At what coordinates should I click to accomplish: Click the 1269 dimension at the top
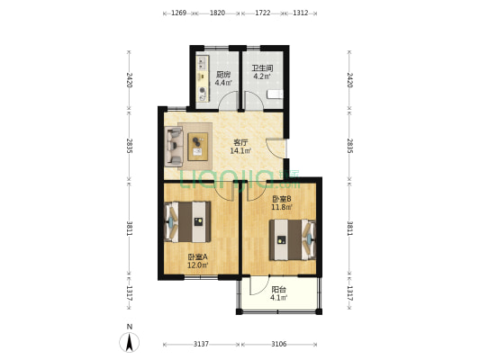[179, 13]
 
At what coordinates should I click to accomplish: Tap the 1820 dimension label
[217, 13]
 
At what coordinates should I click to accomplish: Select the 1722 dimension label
[263, 13]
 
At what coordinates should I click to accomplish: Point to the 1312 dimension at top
[300, 13]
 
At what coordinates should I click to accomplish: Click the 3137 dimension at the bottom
[201, 345]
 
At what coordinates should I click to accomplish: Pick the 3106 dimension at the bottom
[279, 345]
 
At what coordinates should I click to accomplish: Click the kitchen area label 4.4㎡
[223, 82]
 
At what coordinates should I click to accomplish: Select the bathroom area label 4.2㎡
[262, 76]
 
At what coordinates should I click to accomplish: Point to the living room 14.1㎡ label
[240, 150]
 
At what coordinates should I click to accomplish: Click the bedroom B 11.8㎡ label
[282, 207]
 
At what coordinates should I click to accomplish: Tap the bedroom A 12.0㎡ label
[198, 265]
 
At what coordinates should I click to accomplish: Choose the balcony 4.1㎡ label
[278, 297]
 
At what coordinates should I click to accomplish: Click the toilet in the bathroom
[275, 94]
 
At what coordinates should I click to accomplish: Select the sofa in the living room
[174, 147]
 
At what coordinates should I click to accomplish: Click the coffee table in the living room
[197, 146]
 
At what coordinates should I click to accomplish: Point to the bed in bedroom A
[187, 221]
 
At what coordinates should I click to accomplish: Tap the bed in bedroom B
[293, 239]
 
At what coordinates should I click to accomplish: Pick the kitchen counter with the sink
[203, 78]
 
